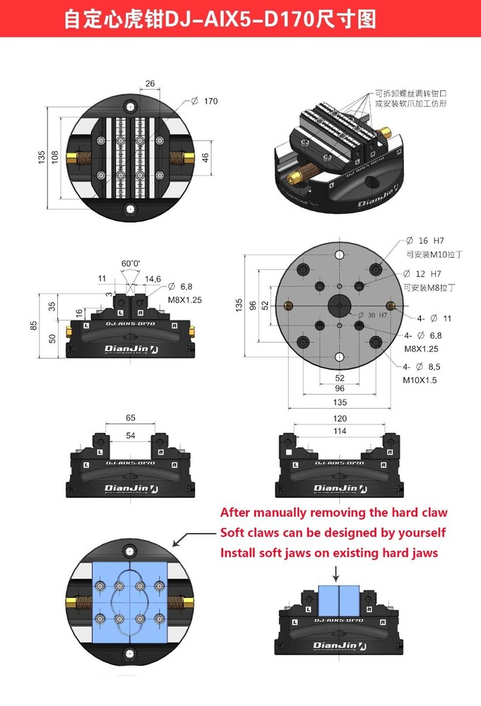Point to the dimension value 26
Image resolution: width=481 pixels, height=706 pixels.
pyautogui.click(x=150, y=84)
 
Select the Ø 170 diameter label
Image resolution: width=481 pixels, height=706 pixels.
pyautogui.click(x=204, y=102)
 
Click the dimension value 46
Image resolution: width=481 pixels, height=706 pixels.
pyautogui.click(x=206, y=157)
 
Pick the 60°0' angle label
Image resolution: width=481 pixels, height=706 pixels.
pyautogui.click(x=131, y=263)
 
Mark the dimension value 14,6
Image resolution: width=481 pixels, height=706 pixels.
pyautogui.click(x=153, y=280)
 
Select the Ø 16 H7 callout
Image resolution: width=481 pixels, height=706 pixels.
pyautogui.click(x=424, y=241)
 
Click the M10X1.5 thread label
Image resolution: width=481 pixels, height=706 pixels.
pyautogui.click(x=421, y=380)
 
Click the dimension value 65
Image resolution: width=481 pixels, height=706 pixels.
pyautogui.click(x=131, y=418)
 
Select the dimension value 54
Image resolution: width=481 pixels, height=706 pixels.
pyautogui.click(x=131, y=436)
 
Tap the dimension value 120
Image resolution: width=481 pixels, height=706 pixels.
pyautogui.click(x=340, y=418)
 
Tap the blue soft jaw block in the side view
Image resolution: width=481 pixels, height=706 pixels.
pyautogui.click(x=340, y=600)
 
